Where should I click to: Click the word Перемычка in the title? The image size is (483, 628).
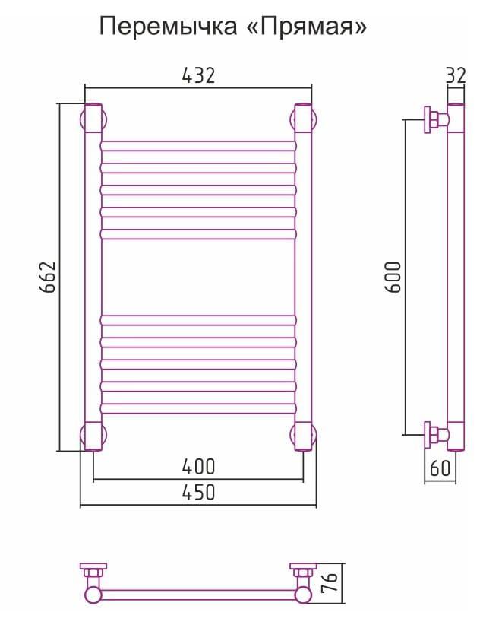point(167,27)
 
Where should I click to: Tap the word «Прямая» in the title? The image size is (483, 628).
point(306,27)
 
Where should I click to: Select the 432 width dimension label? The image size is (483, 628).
point(198,75)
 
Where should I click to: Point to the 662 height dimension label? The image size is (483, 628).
point(48,278)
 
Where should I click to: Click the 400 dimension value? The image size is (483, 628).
point(198,467)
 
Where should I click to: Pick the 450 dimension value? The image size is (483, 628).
point(198,492)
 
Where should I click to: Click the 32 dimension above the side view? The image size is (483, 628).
point(456,76)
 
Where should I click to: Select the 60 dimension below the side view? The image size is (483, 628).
point(440,468)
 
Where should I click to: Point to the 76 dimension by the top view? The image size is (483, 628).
point(330,582)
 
